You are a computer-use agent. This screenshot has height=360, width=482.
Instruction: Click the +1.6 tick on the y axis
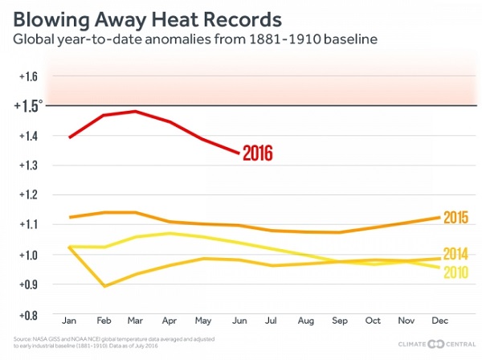(x=31, y=77)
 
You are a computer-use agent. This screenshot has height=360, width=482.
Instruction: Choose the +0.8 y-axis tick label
(x=31, y=314)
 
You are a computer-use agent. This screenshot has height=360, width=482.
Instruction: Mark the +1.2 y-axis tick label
(x=31, y=195)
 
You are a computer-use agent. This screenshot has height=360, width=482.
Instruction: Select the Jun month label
(x=239, y=321)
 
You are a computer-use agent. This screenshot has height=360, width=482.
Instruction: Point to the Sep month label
(x=338, y=321)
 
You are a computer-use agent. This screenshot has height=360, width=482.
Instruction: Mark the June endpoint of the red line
(x=238, y=153)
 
